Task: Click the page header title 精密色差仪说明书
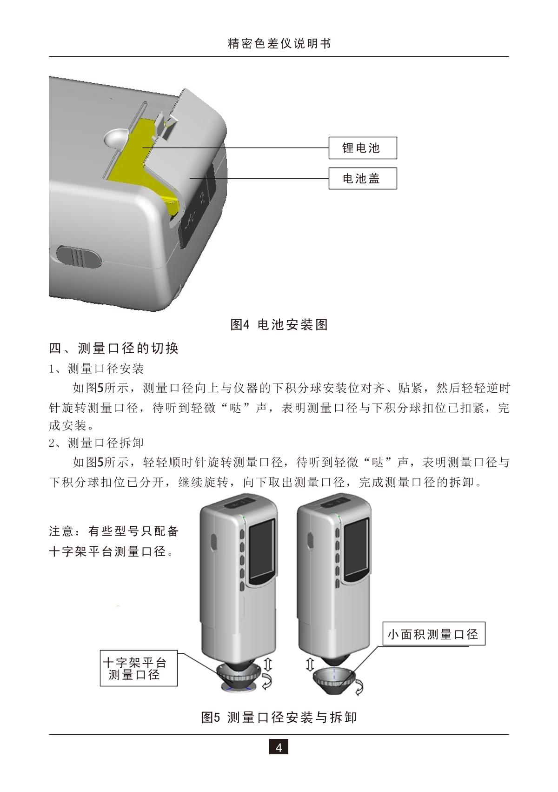[279, 44]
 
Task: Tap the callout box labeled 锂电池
[362, 148]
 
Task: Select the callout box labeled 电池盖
[362, 178]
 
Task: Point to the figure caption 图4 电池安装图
[279, 324]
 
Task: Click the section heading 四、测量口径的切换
[114, 348]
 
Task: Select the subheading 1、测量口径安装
[97, 369]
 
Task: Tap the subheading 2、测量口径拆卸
[97, 443]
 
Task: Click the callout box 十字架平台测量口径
[139, 668]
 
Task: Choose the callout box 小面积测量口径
[433, 633]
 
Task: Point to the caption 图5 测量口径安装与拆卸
[279, 717]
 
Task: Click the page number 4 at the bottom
[279, 748]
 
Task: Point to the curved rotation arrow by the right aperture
[359, 687]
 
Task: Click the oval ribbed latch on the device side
[78, 255]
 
